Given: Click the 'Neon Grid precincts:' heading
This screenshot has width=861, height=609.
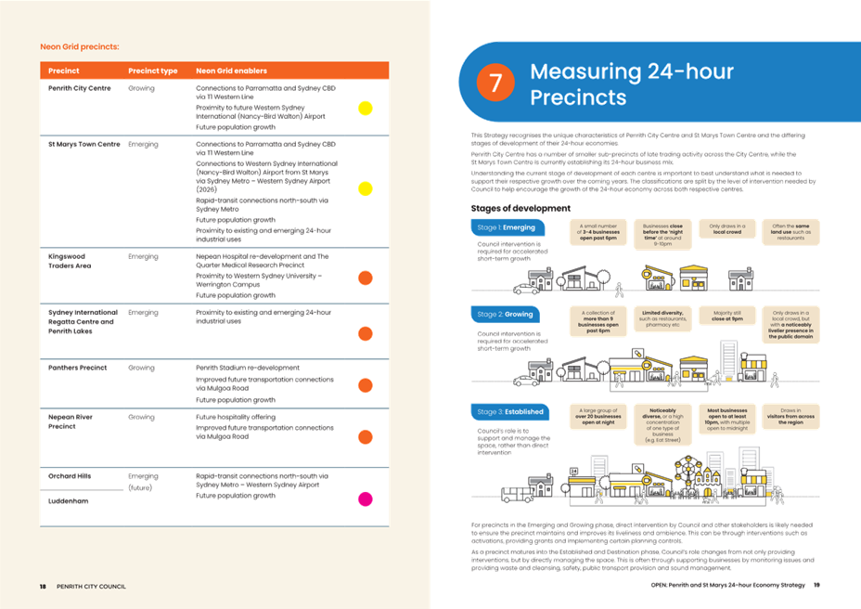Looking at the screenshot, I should point(80,45).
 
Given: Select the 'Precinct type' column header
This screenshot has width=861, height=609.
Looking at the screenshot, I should point(152,71).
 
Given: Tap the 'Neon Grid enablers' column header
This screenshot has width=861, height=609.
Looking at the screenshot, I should point(231,71).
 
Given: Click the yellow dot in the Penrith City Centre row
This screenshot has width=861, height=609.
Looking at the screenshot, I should point(366,108).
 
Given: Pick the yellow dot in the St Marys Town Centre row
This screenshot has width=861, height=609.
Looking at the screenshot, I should point(366,189).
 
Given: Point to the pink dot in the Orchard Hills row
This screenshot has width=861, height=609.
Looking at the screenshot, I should point(366,499).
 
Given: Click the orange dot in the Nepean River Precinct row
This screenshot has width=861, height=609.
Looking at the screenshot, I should point(366,435).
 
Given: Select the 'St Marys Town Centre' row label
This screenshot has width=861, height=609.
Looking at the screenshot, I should point(84,145).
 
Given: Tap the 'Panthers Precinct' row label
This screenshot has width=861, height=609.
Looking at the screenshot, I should point(78,368).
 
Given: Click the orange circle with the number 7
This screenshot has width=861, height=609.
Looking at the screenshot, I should point(495,82).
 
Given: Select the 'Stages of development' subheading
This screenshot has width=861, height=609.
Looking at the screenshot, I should point(521,208).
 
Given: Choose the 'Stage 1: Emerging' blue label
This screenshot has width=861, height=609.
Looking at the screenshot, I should point(506,227).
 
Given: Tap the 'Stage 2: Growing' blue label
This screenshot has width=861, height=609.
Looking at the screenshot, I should point(506,315).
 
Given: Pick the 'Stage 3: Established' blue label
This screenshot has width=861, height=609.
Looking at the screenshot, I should point(509,411).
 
